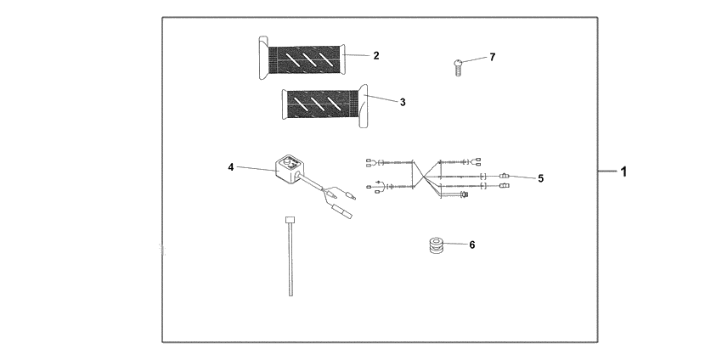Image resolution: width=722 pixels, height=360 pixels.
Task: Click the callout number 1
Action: pos(623,172)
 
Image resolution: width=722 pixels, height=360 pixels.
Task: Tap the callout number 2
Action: pos(376,55)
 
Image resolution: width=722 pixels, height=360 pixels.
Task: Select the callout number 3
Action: pos(403,102)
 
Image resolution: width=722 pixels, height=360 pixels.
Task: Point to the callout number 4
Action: pos(231,167)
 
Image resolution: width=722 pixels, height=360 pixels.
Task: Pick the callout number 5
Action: pos(541,178)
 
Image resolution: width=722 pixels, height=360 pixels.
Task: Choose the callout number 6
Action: pos(472,245)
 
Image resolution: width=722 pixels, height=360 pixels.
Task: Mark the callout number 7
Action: pos(492,57)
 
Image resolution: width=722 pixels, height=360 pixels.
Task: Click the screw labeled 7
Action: pos(458,66)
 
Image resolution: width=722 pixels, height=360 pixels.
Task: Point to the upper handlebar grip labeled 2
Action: pos(306,58)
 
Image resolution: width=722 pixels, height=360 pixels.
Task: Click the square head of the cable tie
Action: pos(289,220)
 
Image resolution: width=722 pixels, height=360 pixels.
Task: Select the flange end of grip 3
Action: pos(364,107)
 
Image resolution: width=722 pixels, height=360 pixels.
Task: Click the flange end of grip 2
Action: pos(259,58)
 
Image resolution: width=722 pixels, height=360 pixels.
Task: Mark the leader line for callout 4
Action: pos(255,169)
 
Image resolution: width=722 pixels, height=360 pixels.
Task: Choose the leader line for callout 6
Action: pos(456,245)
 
